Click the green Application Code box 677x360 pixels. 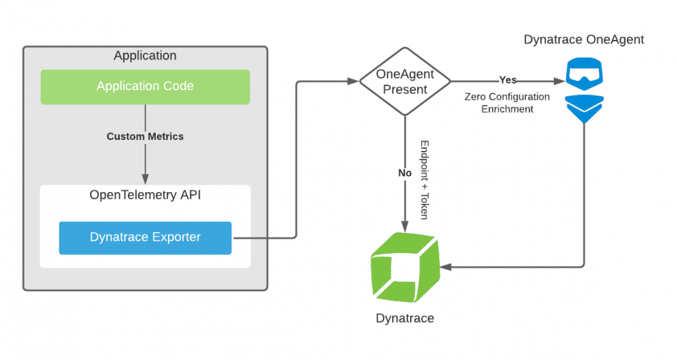click(x=145, y=87)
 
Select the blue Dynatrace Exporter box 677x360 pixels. click(x=145, y=238)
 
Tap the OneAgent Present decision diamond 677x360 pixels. click(x=405, y=82)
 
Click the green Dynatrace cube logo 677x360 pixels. click(x=405, y=267)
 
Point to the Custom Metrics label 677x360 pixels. click(x=145, y=136)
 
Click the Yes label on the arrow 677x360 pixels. click(x=508, y=80)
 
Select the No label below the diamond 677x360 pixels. click(x=405, y=173)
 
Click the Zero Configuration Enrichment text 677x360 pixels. click(x=507, y=103)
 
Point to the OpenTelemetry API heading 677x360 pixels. click(x=145, y=195)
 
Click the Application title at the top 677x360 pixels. click(x=145, y=55)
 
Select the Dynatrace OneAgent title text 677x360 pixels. click(x=584, y=40)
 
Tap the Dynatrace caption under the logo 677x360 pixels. click(x=405, y=318)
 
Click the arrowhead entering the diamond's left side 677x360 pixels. click(x=353, y=82)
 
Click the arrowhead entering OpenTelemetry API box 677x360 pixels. click(x=145, y=179)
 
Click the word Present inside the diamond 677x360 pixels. click(x=405, y=89)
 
